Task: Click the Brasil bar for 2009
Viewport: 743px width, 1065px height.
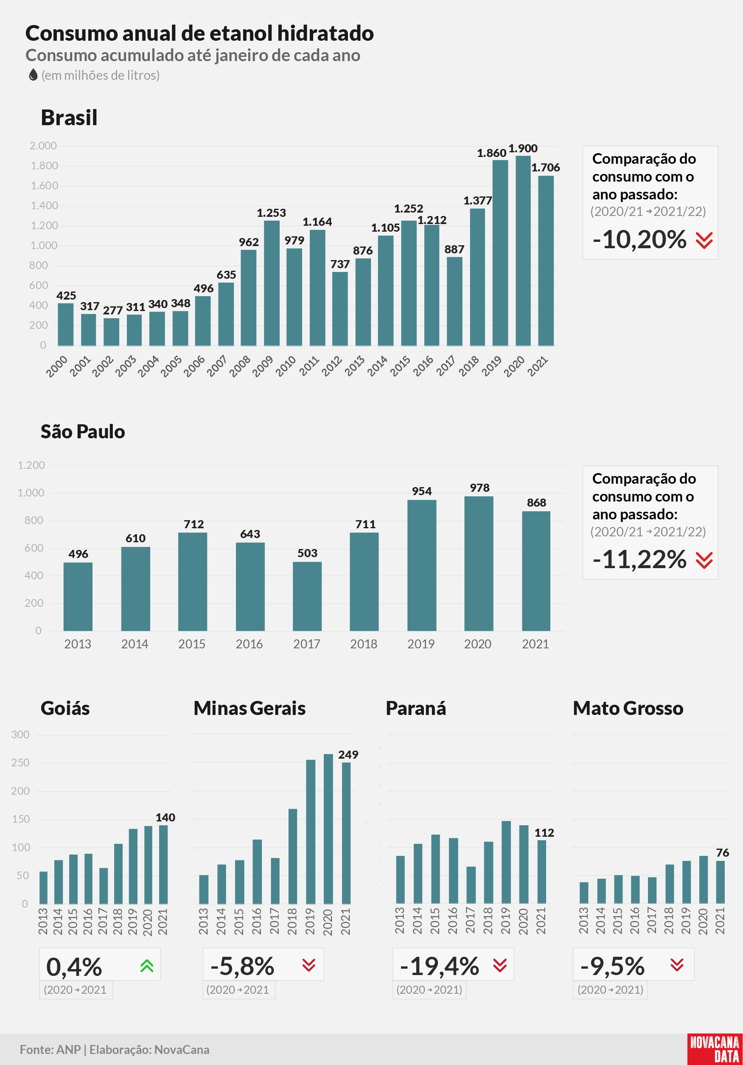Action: click(272, 283)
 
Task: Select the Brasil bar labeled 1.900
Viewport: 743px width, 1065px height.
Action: click(523, 250)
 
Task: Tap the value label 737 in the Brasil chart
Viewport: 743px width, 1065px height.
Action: click(340, 264)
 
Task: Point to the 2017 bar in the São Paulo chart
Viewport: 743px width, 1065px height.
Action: click(307, 596)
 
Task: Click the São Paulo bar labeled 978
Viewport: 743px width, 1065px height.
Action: click(479, 563)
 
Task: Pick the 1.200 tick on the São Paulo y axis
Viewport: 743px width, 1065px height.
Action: click(31, 465)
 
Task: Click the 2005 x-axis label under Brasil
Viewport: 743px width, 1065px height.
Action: click(171, 366)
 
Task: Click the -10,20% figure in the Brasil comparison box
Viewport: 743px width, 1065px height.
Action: click(639, 239)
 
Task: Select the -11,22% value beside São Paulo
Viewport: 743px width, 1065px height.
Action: click(639, 559)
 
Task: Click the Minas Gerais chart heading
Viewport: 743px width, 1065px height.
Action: click(250, 708)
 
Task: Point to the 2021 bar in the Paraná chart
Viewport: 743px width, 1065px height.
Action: click(542, 872)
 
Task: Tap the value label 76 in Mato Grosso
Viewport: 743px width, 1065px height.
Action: click(722, 852)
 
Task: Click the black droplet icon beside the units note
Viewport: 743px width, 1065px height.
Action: click(33, 75)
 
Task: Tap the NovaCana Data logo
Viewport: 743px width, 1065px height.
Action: click(715, 1049)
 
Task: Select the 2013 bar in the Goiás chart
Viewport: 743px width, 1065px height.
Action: click(43, 887)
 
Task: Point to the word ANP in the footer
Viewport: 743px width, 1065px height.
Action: click(69, 1050)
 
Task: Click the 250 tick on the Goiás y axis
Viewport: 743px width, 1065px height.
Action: click(20, 762)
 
